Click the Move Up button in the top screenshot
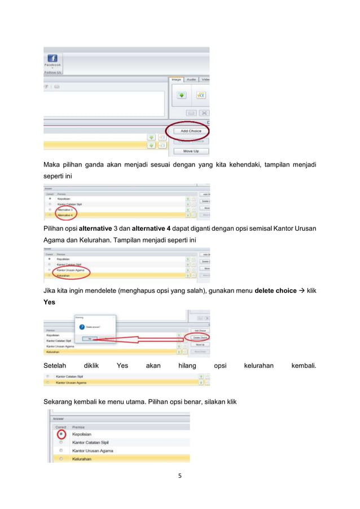click(191, 151)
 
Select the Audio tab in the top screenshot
click(191, 80)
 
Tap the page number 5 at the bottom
click(179, 475)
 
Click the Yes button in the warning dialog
click(90, 339)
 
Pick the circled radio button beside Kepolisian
click(61, 433)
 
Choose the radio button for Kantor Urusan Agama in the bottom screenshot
click(61, 450)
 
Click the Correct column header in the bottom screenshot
click(60, 427)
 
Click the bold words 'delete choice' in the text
click(276, 291)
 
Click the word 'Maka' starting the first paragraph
click(53, 165)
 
